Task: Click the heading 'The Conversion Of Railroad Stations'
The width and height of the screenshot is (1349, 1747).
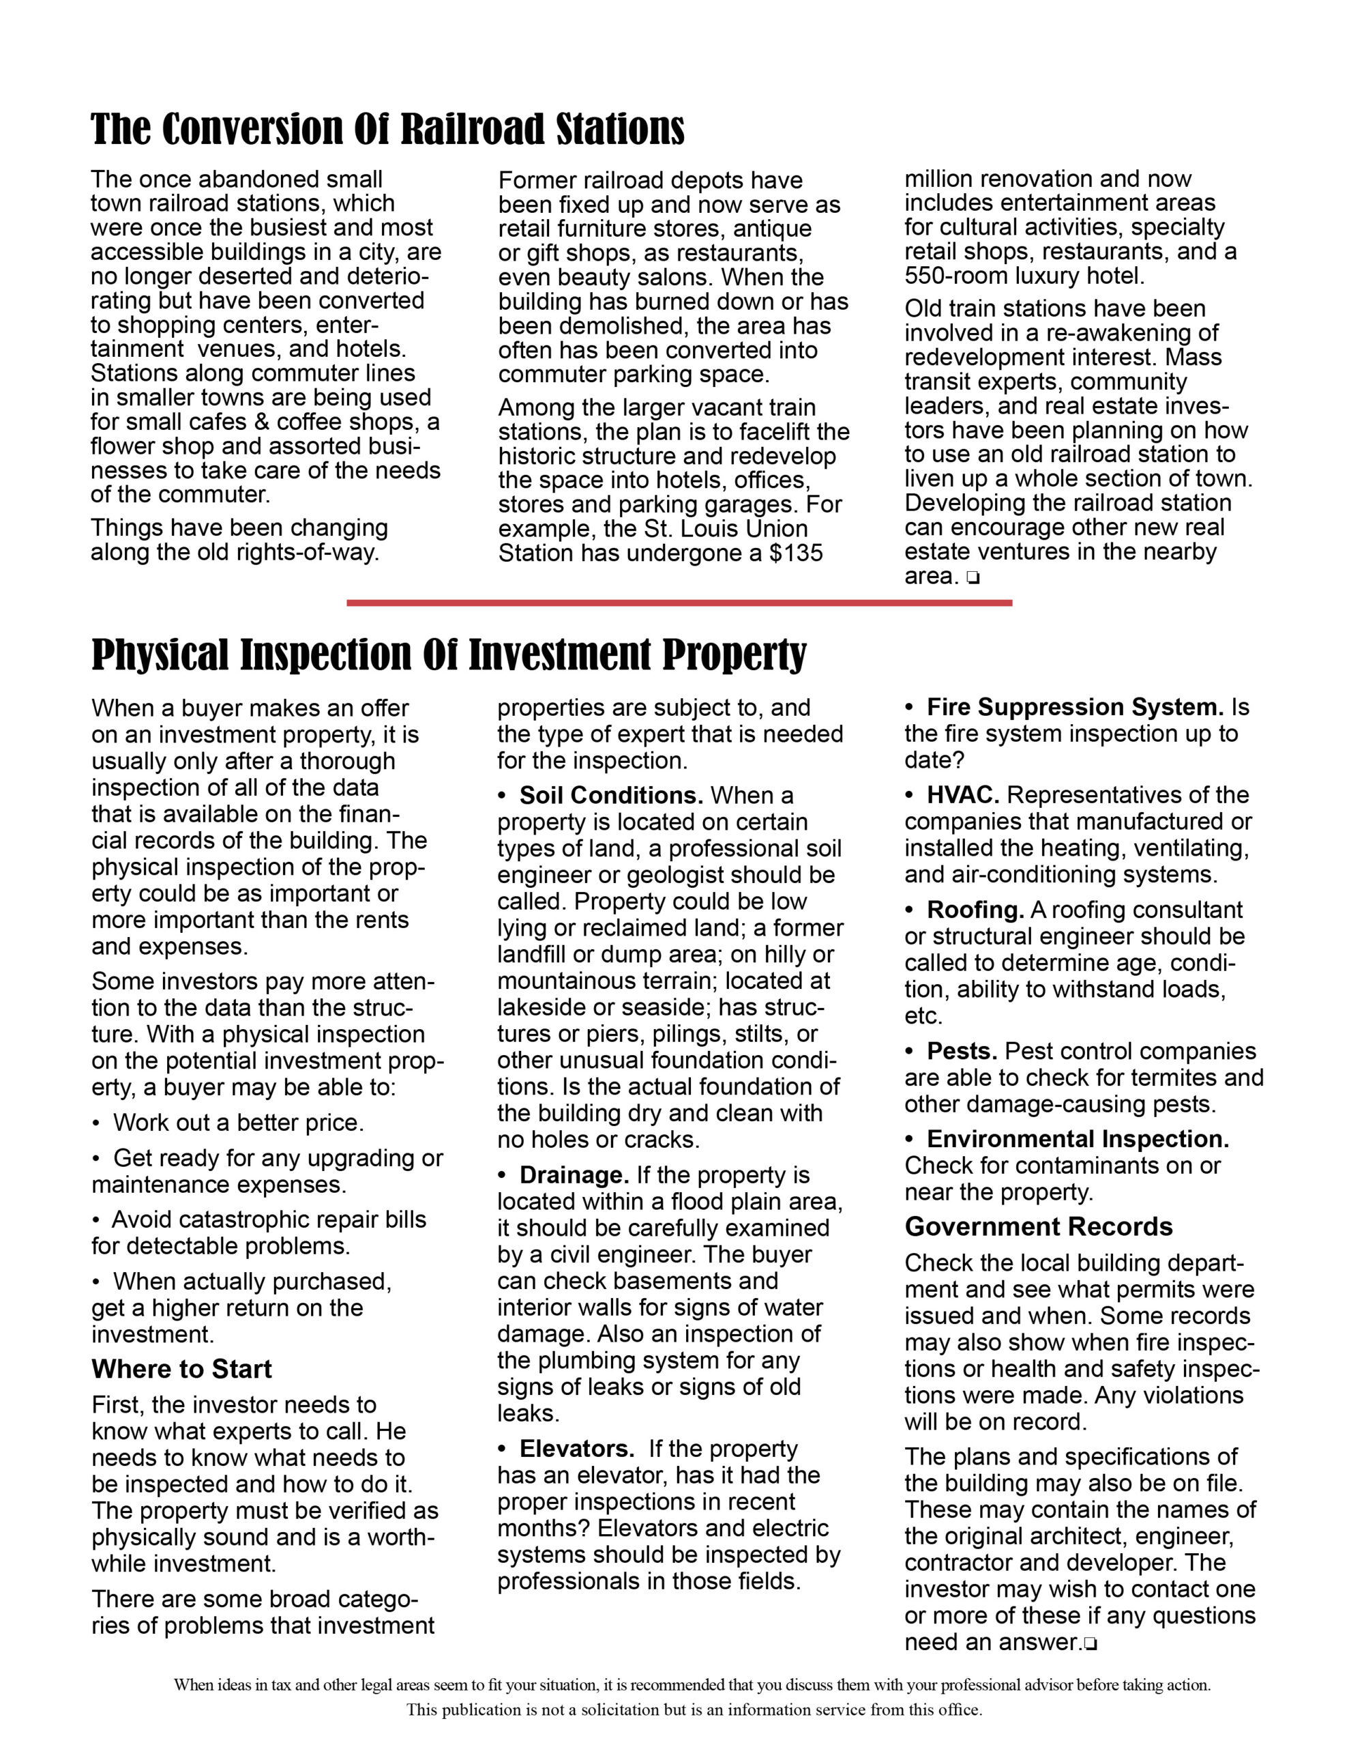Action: click(388, 130)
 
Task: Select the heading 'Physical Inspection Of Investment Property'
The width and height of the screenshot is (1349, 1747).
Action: click(449, 655)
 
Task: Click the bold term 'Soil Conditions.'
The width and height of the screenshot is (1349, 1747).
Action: click(611, 796)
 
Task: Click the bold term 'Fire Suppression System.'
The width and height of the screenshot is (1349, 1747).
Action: click(1075, 707)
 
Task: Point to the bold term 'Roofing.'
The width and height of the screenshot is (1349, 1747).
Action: click(975, 910)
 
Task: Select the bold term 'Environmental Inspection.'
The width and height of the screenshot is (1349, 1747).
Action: click(1077, 1139)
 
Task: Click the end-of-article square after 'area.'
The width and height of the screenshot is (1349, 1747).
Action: click(973, 577)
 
